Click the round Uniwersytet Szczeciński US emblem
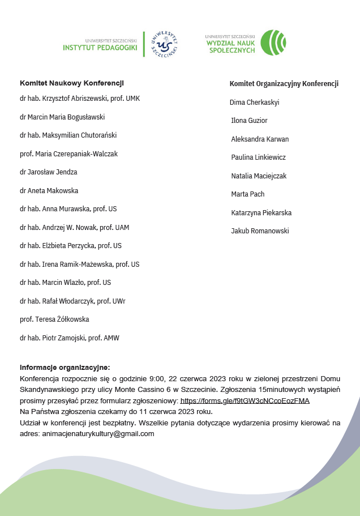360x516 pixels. tap(165, 44)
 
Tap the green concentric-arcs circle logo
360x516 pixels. tap(277, 43)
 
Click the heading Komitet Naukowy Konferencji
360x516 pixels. tap(72, 83)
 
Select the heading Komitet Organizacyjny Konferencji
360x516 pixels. tap(284, 84)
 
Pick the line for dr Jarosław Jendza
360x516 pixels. tap(48, 172)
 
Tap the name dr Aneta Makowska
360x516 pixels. tap(49, 190)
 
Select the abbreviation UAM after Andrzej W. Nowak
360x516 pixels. tap(122, 228)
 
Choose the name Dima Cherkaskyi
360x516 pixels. tap(255, 103)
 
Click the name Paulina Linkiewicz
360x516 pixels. tap(258, 157)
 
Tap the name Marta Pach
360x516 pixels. tap(248, 194)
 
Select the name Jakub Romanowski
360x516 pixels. tap(260, 231)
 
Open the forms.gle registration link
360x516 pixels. tap(245, 400)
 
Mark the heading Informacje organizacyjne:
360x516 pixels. tap(65, 367)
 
